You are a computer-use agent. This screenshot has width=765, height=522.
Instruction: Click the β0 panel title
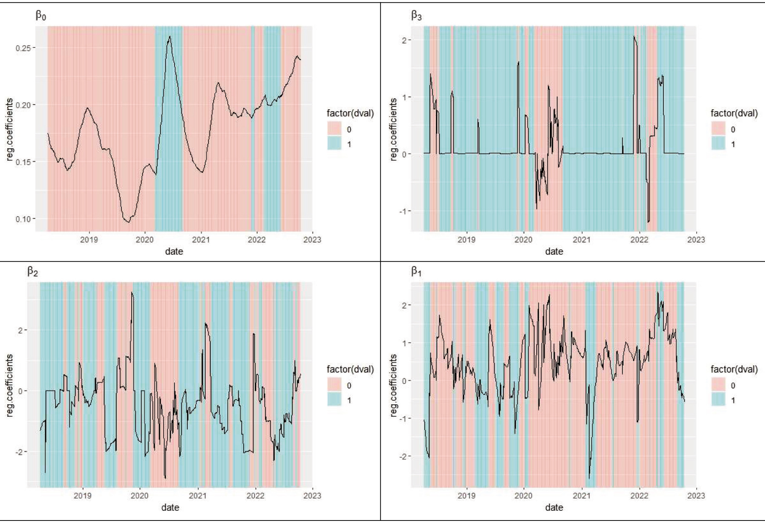click(x=41, y=16)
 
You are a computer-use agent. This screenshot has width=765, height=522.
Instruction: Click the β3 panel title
click(x=416, y=16)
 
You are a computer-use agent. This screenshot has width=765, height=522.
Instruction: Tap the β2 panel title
click(x=33, y=272)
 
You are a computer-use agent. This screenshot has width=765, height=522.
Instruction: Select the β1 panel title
click(x=416, y=272)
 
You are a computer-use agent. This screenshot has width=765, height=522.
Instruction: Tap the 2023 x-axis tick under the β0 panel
click(x=312, y=240)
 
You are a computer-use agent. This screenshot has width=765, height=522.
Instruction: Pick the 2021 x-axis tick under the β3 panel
click(x=581, y=240)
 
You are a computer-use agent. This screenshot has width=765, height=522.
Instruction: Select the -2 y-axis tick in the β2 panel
click(x=19, y=452)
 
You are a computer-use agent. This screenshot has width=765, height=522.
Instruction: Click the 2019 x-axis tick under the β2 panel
click(x=82, y=496)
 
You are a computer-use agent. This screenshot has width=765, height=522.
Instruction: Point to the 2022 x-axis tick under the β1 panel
click(x=639, y=496)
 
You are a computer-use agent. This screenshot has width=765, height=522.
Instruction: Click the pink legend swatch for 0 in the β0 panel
click(x=334, y=129)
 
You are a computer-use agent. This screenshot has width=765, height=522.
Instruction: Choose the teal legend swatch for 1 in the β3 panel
click(x=718, y=144)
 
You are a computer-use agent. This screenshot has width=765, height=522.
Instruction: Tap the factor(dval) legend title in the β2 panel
click(x=350, y=369)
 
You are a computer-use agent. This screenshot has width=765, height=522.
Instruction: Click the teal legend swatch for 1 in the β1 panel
click(x=718, y=400)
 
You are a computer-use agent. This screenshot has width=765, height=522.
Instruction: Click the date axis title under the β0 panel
click(x=174, y=252)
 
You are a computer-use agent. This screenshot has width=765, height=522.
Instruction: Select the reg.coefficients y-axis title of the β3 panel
click(x=393, y=129)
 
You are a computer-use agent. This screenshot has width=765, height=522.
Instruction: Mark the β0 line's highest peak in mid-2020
click(x=170, y=36)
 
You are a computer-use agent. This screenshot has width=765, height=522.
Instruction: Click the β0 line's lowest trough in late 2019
click(x=129, y=222)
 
